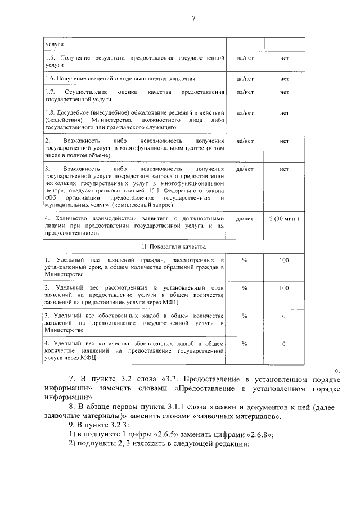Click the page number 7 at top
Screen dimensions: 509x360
click(193, 18)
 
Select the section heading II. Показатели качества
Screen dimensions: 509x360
click(180, 246)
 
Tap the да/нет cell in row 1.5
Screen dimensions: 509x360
click(245, 58)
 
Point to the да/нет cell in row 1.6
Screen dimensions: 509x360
click(245, 79)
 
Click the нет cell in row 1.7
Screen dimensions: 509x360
click(284, 92)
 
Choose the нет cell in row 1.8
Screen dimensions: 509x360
click(284, 112)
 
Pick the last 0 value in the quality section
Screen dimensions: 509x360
click(284, 343)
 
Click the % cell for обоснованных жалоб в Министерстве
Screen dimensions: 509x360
click(245, 316)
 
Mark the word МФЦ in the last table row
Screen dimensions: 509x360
click(87, 357)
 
